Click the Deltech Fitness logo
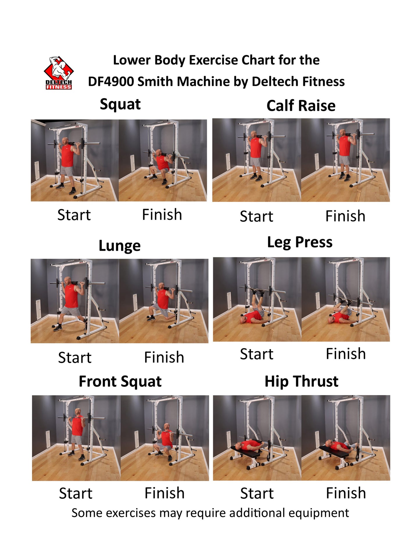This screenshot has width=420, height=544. (x=59, y=73)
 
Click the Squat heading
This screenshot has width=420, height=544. (x=120, y=104)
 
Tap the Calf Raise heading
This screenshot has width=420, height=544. (x=301, y=106)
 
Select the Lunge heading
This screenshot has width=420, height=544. (x=119, y=246)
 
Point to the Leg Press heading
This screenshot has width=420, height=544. (x=300, y=242)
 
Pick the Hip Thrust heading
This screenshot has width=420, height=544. (x=301, y=381)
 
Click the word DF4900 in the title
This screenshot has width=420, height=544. (x=111, y=82)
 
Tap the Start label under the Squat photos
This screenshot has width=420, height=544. (x=74, y=215)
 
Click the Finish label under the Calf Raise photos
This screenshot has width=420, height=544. (x=345, y=216)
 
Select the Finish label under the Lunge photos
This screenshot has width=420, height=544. (x=164, y=357)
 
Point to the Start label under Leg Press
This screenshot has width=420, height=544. (x=256, y=354)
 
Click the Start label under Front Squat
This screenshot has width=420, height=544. (x=76, y=493)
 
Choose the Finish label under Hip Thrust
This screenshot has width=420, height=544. (x=346, y=493)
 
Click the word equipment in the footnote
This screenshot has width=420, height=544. (x=319, y=513)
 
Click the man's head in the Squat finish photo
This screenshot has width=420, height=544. (x=159, y=153)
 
